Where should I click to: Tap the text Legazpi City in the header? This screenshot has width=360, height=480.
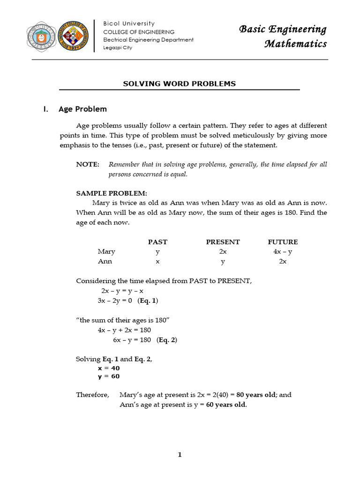[118, 47]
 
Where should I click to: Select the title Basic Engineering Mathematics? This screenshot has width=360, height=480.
[283, 37]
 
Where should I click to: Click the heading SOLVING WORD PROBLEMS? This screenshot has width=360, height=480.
[179, 84]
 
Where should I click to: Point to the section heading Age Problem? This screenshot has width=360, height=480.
[82, 109]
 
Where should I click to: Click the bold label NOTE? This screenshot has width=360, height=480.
[88, 165]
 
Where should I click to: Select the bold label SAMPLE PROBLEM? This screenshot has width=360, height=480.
[112, 193]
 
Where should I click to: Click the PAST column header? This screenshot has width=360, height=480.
[157, 242]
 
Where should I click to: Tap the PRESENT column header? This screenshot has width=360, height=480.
[223, 242]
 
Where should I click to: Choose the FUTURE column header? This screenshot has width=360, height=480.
[283, 242]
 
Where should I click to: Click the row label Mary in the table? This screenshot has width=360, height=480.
[106, 252]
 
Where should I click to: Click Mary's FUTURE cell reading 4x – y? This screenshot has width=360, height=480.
[283, 252]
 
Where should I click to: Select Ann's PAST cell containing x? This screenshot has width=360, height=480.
[157, 262]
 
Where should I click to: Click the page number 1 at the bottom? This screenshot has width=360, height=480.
[180, 455]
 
